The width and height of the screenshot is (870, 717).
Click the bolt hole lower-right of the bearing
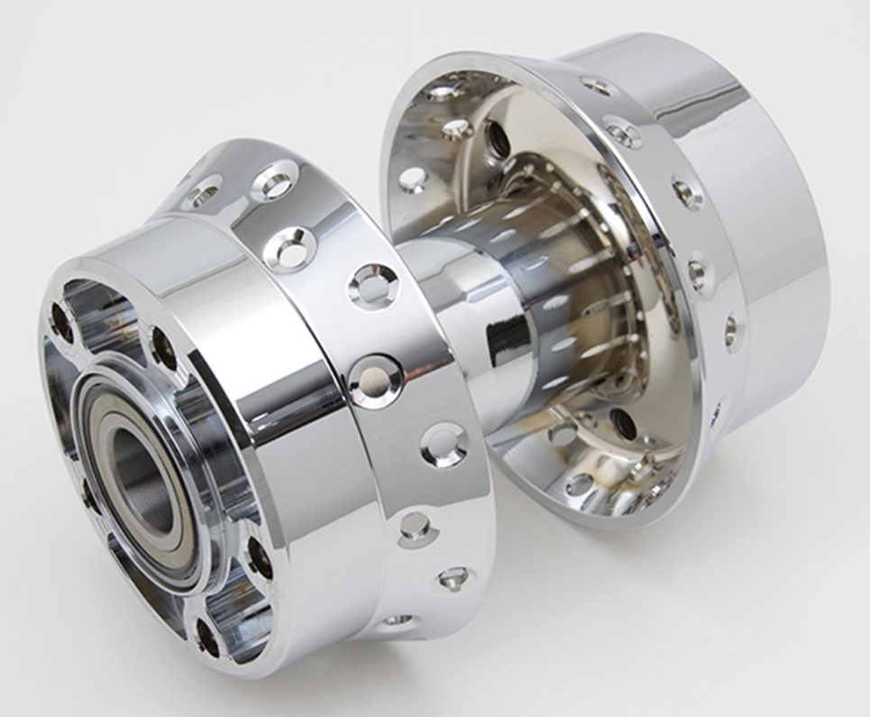click(259, 557)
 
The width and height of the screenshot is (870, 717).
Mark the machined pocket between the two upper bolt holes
click(104, 321)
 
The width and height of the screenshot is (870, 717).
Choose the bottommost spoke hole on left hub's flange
click(396, 621)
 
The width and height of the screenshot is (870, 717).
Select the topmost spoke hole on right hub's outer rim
click(596, 87)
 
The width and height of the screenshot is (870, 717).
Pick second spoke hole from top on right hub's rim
click(624, 132)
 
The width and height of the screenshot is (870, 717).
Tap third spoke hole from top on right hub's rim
click(687, 191)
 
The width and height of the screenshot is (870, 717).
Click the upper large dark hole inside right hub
click(496, 139)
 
